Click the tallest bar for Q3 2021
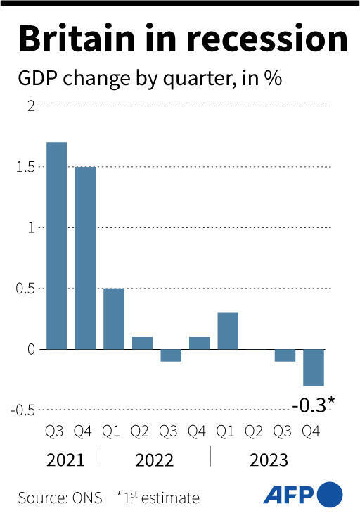[57, 246]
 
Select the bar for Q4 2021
[85, 258]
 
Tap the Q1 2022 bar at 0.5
[114, 318]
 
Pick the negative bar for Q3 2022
[171, 355]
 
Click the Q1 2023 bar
[228, 331]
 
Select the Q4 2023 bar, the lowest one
[314, 367]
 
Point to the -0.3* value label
[313, 404]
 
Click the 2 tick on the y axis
[30, 106]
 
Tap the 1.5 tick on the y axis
[25, 167]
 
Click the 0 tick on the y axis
[30, 349]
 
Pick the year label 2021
[65, 460]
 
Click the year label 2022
[155, 460]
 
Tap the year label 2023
[269, 460]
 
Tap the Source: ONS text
[59, 498]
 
